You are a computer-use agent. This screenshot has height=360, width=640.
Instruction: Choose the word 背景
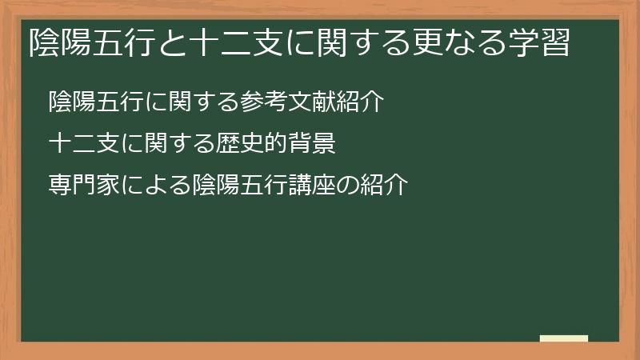click(311, 144)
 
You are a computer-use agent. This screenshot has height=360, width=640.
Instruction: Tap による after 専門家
click(156, 186)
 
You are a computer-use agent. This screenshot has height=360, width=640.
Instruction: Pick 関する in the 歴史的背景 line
click(179, 144)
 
